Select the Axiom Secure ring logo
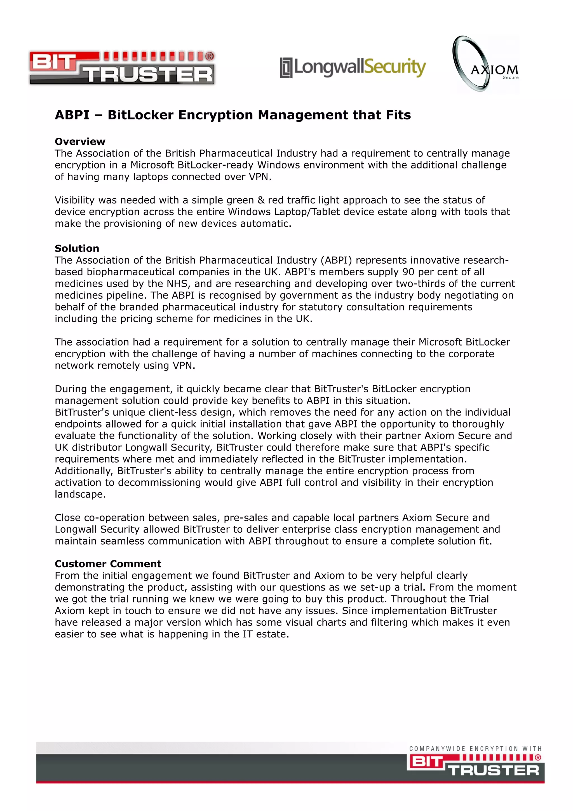pyautogui.click(x=486, y=64)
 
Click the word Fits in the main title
pyautogui.click(x=398, y=115)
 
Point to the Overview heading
pyautogui.click(x=80, y=141)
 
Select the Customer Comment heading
pyautogui.click(x=108, y=564)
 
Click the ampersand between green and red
pyautogui.click(x=261, y=200)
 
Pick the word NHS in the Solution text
pyautogui.click(x=177, y=284)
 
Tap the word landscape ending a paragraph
pyautogui.click(x=80, y=494)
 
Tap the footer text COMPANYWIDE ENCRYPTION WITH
pyautogui.click(x=475, y=749)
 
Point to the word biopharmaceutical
pyautogui.click(x=137, y=272)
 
